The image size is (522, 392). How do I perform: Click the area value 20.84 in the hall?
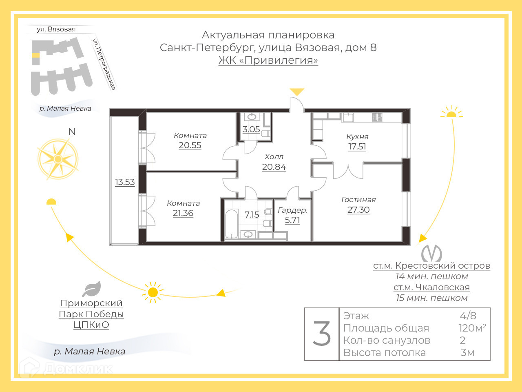[x=274, y=167]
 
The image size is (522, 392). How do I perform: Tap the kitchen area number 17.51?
[x=357, y=147]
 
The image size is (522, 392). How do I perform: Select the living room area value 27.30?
[x=358, y=210]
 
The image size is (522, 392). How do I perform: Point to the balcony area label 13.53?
[x=125, y=182]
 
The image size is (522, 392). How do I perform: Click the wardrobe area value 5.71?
[x=292, y=220]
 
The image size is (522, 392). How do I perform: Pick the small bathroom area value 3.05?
[x=251, y=129]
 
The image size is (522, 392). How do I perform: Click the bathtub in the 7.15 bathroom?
[x=232, y=223]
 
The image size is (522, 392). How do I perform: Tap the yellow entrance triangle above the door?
[x=297, y=92]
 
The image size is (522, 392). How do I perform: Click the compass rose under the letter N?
[x=58, y=159]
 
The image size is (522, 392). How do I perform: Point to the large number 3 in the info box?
[x=322, y=334]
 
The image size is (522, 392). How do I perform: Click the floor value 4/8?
[x=468, y=316]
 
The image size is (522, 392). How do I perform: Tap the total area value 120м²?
[x=472, y=328]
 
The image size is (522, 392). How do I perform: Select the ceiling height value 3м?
[x=467, y=352]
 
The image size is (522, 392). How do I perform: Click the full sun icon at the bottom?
[x=153, y=292]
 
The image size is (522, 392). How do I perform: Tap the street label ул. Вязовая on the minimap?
[x=56, y=29]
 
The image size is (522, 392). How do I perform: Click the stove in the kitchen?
[x=377, y=118]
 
